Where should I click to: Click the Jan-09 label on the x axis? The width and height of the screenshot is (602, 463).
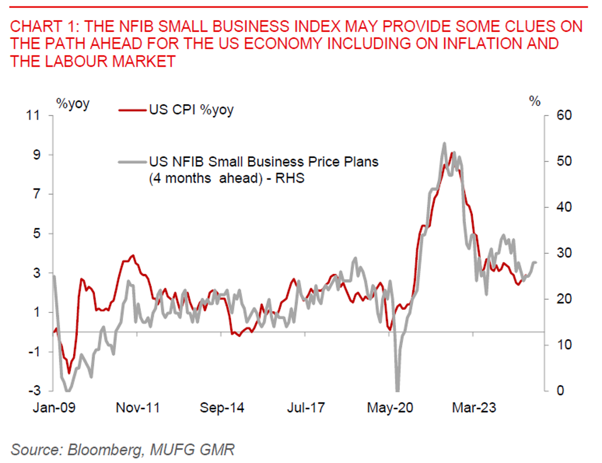click(54, 408)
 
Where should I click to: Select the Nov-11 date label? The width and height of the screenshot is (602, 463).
click(138, 408)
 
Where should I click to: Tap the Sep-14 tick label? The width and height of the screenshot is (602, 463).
click(222, 408)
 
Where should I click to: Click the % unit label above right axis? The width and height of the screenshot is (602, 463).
click(535, 101)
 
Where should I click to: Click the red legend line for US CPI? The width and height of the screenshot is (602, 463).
click(131, 110)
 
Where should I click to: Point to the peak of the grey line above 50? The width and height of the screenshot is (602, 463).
click(444, 143)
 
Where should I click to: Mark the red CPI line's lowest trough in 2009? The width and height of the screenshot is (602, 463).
click(69, 373)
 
